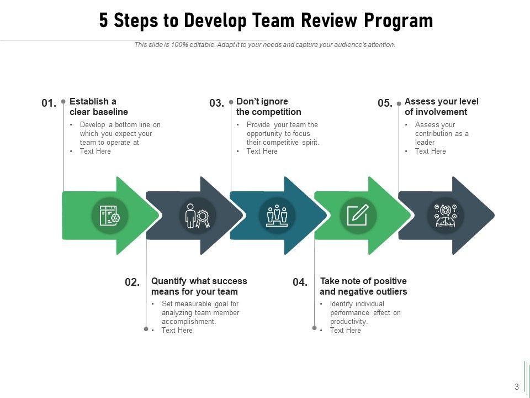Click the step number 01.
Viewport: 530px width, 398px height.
click(x=49, y=103)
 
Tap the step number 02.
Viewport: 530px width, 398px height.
click(x=132, y=282)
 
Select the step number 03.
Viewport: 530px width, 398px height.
click(x=216, y=103)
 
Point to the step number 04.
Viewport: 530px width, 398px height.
click(x=300, y=282)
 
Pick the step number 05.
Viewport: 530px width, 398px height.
click(x=385, y=103)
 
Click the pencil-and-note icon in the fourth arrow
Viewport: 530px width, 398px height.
click(x=358, y=215)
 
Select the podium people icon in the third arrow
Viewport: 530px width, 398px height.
click(x=277, y=215)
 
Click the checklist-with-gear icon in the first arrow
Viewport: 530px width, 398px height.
click(x=109, y=215)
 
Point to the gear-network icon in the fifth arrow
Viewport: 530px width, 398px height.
click(x=446, y=215)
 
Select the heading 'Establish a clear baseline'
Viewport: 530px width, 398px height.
click(x=99, y=107)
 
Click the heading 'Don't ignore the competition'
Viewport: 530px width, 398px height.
click(x=268, y=107)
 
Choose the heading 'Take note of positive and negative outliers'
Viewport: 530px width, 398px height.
click(x=363, y=286)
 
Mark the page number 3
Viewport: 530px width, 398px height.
click(x=516, y=386)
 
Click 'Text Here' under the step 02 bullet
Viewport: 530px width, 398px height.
click(x=177, y=331)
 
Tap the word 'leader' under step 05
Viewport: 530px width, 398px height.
click(x=425, y=142)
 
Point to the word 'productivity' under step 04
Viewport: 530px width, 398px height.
click(x=348, y=322)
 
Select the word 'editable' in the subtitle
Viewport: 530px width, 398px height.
click(x=201, y=45)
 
